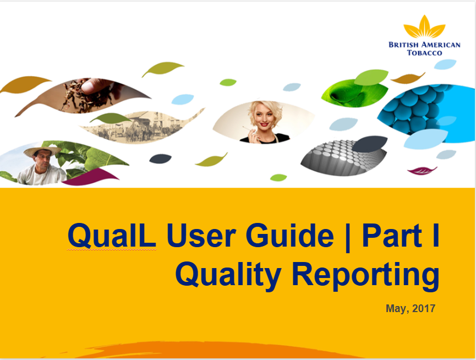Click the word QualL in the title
click(112, 236)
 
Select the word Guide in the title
click(289, 235)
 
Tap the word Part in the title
click(392, 235)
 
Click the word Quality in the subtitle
click(228, 275)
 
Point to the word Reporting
click(365, 275)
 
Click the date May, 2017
click(411, 308)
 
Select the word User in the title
click(201, 236)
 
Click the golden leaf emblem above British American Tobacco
click(424, 27)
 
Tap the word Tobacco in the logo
click(424, 53)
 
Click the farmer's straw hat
click(42, 151)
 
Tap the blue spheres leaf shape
click(426, 112)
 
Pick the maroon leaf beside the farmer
click(90, 177)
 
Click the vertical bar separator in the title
click(348, 237)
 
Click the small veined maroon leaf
click(422, 171)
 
